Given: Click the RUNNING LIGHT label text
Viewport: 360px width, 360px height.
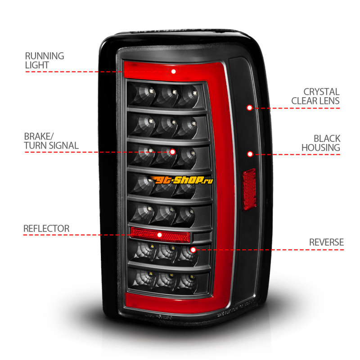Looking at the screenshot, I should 44,61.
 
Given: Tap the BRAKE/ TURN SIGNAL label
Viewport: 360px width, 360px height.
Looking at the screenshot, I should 51,141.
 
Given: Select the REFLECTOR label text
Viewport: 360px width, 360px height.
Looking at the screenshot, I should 46,229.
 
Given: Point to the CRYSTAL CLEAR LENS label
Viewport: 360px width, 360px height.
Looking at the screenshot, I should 315,96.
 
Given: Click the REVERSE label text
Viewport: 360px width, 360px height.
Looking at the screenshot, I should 326,242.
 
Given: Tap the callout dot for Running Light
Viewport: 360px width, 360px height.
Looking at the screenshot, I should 173,71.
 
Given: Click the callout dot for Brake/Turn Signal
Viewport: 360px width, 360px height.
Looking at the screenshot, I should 172,152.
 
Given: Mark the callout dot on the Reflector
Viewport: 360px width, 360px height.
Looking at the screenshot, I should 159,234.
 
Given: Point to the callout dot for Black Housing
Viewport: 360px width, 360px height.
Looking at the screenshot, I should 250,154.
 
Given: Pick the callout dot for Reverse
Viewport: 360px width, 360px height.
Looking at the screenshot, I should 193,249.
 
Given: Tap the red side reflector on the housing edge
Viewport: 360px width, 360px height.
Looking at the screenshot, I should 249,189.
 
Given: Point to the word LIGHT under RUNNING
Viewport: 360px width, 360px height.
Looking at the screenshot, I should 37,65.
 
